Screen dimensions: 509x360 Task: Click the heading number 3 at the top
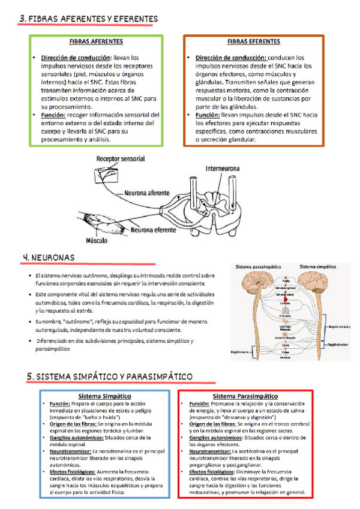click(x=22, y=19)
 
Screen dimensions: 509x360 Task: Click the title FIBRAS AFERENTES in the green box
click(x=97, y=42)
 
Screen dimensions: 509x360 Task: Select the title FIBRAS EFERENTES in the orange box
click(x=253, y=42)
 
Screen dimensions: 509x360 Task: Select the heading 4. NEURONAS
click(x=49, y=257)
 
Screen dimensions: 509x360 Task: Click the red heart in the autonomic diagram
click(x=286, y=300)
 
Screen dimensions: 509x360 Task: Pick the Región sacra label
click(x=239, y=352)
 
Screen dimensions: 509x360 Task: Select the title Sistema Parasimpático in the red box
click(x=245, y=397)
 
